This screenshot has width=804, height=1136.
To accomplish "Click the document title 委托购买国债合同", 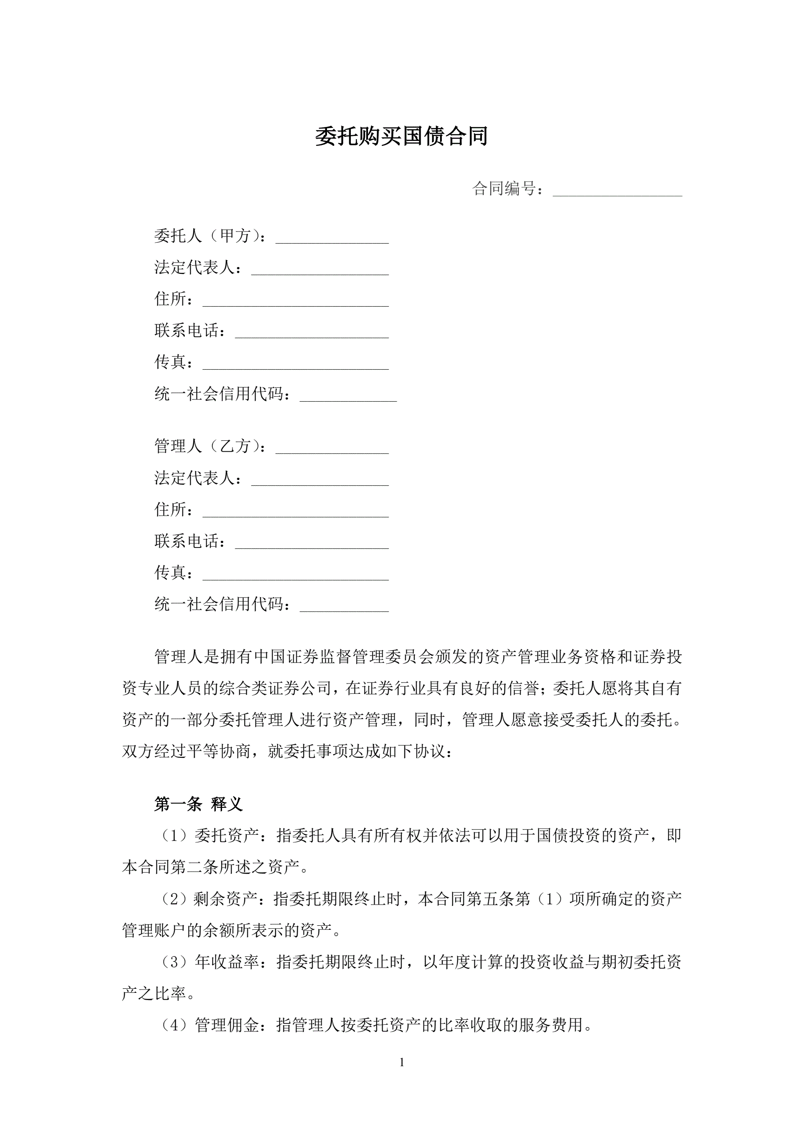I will coord(401,136).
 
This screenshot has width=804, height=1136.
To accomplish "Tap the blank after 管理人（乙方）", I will coord(332,447).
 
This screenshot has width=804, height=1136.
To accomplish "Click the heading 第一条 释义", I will coord(198,804).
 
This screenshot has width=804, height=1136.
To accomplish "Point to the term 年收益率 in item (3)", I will coord(227,962).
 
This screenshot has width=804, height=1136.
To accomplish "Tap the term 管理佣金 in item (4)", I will coord(227,1026).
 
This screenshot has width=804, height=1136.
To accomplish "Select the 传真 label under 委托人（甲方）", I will coord(170,362).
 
